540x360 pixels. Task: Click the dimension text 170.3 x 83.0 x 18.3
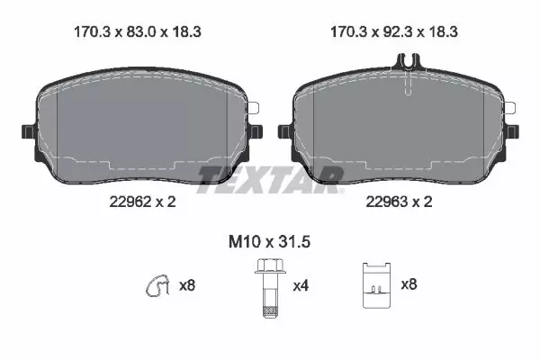[x=138, y=32]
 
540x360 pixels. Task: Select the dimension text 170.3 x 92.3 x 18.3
[x=394, y=32]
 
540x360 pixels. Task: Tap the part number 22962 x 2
[x=142, y=202]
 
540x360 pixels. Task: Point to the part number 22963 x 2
[x=399, y=202]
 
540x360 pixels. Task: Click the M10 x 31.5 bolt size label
[x=270, y=242]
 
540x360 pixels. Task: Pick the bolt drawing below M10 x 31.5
[x=270, y=288]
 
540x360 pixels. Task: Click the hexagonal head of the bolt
[x=270, y=266]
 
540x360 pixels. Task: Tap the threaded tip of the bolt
[x=270, y=311]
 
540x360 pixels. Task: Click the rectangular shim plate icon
[x=377, y=285]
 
